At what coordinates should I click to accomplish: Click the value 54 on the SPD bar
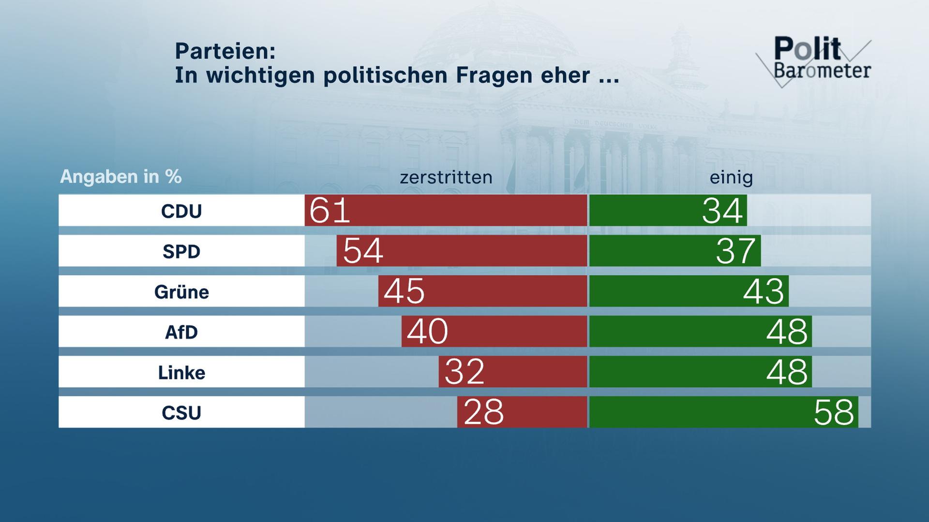tap(363, 251)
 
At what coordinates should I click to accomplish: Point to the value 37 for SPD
tap(735, 251)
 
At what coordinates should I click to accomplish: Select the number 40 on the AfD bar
tap(427, 332)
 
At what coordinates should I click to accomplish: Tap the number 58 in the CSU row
tap(834, 412)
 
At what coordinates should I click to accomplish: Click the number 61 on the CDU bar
tap(330, 211)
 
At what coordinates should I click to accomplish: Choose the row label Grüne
tap(181, 292)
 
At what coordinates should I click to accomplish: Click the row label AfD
tap(181, 332)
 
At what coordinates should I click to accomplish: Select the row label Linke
tap(181, 373)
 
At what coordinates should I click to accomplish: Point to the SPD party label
tap(181, 251)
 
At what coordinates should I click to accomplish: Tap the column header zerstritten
tap(446, 177)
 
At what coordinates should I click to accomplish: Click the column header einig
tap(731, 178)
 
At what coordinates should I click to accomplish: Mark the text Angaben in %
tap(120, 177)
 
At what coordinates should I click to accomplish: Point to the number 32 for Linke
tap(464, 372)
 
